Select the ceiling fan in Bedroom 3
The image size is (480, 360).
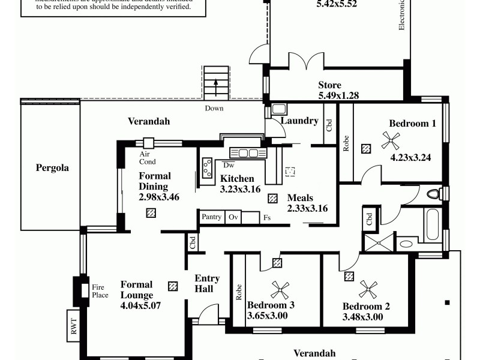click(279, 290)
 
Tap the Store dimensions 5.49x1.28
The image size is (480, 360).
click(338, 95)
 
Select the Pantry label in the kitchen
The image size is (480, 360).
click(211, 217)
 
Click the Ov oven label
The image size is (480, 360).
click(233, 217)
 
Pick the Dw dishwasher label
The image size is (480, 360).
click(228, 165)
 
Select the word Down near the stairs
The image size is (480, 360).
click(214, 109)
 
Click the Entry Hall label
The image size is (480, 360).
click(208, 283)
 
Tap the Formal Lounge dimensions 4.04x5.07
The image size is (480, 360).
click(141, 305)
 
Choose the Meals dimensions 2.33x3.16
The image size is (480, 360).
click(307, 209)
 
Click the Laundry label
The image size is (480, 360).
click(299, 121)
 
